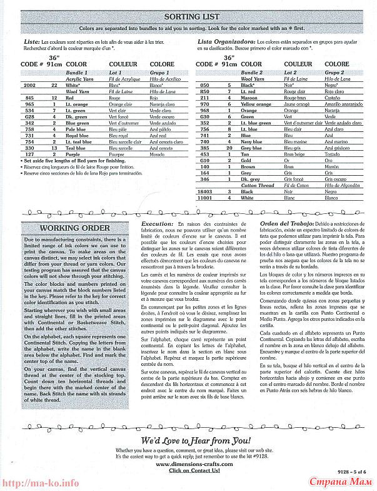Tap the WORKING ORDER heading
coord(74,228)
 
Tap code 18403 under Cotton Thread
coord(204,191)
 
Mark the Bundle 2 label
coord(253,73)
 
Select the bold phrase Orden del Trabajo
coord(284,223)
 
